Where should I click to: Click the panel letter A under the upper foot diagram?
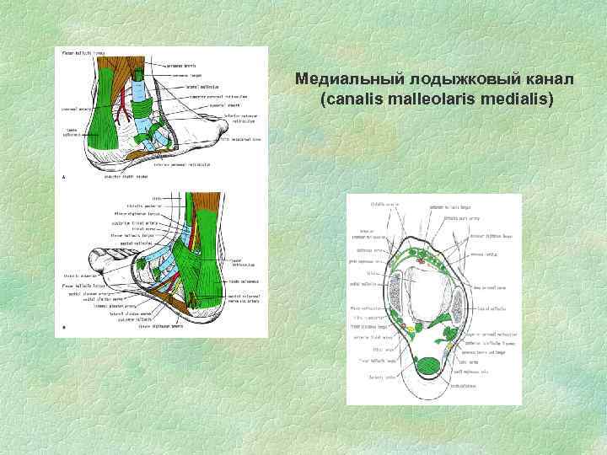click(65, 176)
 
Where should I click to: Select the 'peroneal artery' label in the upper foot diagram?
click(75, 108)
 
